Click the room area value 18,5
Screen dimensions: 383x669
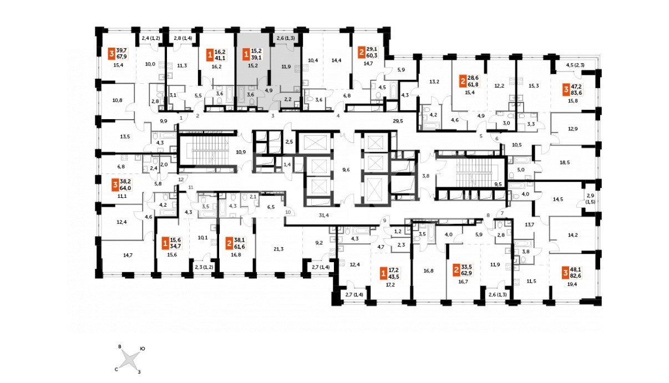click(565, 162)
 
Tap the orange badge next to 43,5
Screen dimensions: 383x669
click(383, 273)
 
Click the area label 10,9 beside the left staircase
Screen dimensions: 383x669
click(240, 151)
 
